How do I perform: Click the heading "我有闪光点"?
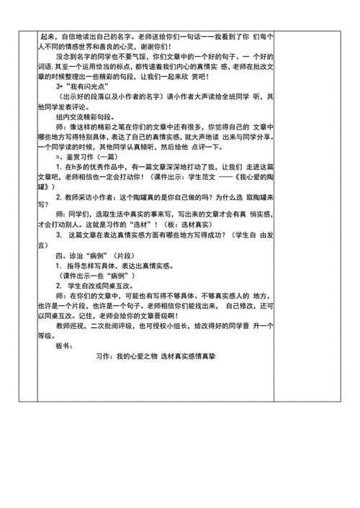86,104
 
